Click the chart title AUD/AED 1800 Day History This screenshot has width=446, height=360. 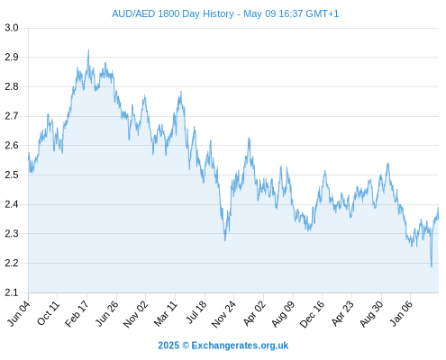[173, 13]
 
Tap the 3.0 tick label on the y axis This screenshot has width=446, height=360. [12, 28]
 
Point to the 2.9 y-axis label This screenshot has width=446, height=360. [12, 57]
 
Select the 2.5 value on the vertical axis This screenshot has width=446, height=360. [12, 175]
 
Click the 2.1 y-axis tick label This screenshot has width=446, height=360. [12, 292]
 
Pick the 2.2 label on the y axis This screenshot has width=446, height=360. [12, 263]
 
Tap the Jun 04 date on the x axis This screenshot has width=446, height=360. [19, 313]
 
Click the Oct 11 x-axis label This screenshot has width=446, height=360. [49, 313]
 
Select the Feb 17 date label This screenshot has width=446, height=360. [77, 313]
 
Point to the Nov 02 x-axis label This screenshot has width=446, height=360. [136, 313]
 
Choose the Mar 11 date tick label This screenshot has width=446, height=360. [166, 313]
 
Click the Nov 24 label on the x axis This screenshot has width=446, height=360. [224, 313]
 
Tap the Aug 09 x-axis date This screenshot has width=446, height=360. [283, 313]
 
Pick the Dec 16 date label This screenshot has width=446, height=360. [313, 313]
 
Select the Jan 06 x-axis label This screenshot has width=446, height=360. [401, 313]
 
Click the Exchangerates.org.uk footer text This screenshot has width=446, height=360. [240, 346]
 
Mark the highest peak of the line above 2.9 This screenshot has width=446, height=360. [88, 49]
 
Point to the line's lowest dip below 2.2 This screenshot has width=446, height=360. [432, 266]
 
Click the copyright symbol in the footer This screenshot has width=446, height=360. [186, 346]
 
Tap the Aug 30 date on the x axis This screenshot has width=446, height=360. [371, 313]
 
